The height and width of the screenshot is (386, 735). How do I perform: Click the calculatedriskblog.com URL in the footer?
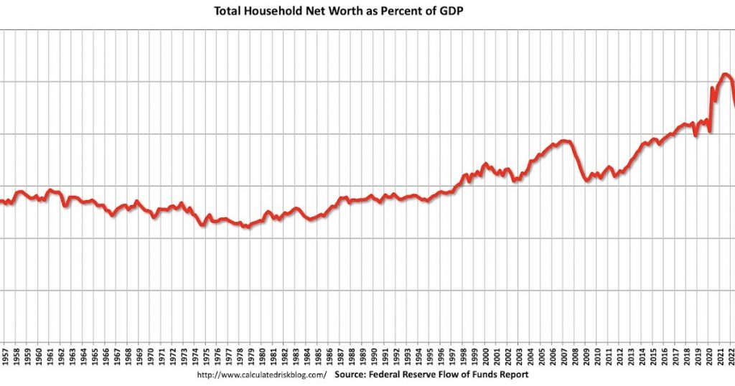pyautogui.click(x=261, y=375)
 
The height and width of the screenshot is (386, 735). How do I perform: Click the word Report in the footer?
pyautogui.click(x=512, y=375)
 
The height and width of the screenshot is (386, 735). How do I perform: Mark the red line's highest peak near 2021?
pyautogui.click(x=725, y=74)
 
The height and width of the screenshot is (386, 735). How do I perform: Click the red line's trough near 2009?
pyautogui.click(x=587, y=180)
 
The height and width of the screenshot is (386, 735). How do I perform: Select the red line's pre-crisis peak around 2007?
pyautogui.click(x=564, y=141)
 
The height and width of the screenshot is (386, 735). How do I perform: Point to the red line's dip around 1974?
pyautogui.click(x=202, y=225)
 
